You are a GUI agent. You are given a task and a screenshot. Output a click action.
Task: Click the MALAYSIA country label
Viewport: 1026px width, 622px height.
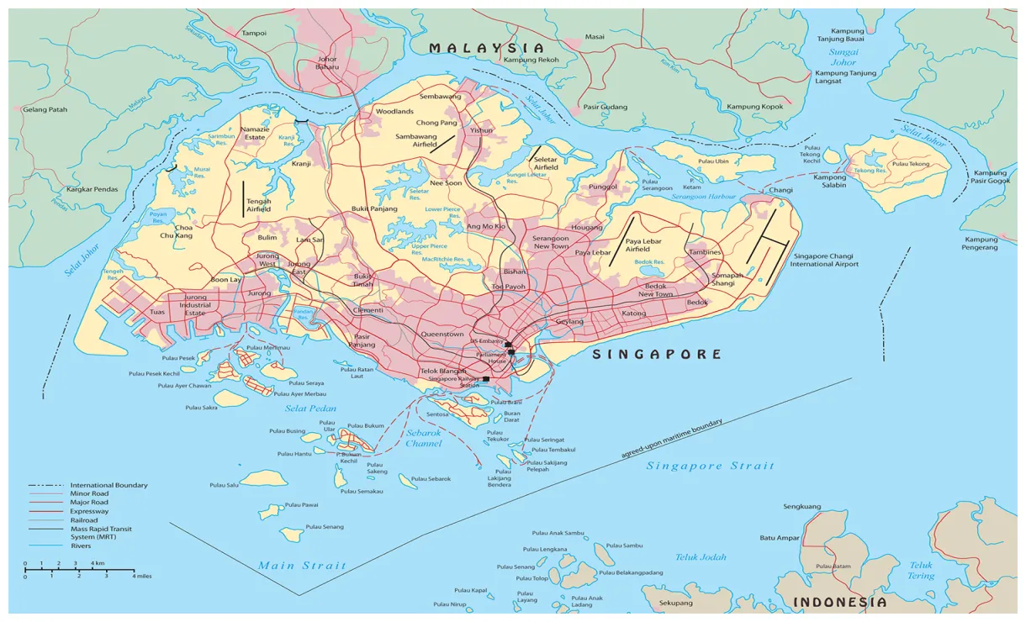(x=486, y=48)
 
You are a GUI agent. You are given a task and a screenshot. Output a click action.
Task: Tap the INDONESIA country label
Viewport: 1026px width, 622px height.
(x=839, y=603)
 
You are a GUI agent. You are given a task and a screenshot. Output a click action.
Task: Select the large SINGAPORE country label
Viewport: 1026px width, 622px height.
(x=657, y=354)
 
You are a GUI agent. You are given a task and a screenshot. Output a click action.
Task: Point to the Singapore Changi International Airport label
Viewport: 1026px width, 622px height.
(x=824, y=259)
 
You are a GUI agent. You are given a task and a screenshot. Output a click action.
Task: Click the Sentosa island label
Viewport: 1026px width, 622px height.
(x=438, y=414)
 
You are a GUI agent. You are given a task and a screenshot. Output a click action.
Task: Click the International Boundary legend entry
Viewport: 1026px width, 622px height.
(x=108, y=485)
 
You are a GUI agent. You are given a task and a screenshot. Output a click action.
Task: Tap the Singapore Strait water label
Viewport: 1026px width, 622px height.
(x=709, y=466)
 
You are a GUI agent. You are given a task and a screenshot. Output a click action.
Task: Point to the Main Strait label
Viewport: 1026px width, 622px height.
(x=301, y=566)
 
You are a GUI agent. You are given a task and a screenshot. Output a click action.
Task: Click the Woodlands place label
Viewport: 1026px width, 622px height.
(x=394, y=111)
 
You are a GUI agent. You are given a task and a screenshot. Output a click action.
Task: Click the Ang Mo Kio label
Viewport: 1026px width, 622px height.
(x=486, y=227)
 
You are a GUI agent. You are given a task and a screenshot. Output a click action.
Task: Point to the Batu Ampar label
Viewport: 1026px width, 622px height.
(x=779, y=538)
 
